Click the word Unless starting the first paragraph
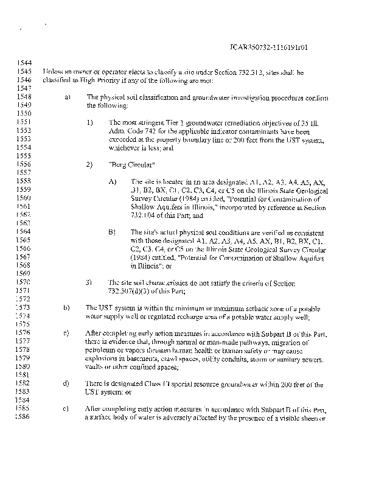click(53, 72)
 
